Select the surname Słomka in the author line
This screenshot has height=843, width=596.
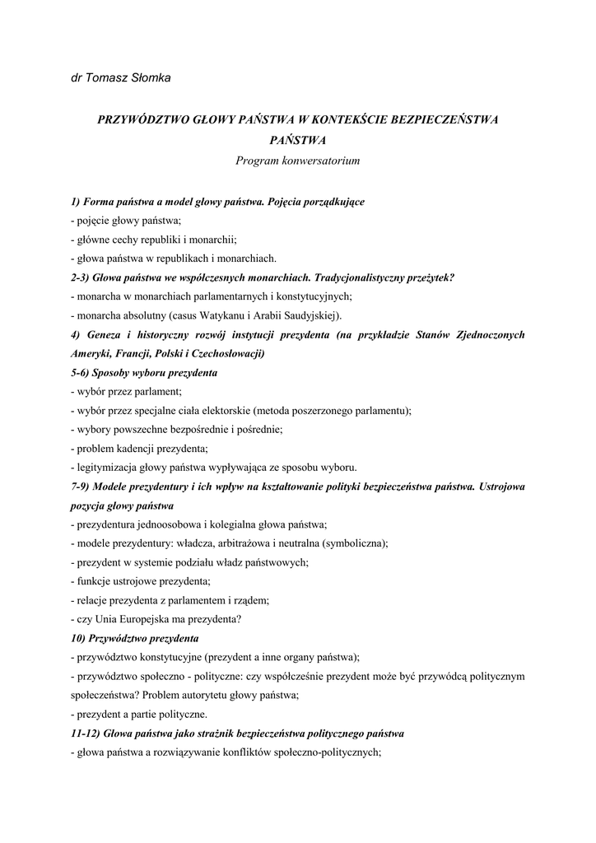[150, 77]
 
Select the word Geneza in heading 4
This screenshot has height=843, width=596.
[101, 334]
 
